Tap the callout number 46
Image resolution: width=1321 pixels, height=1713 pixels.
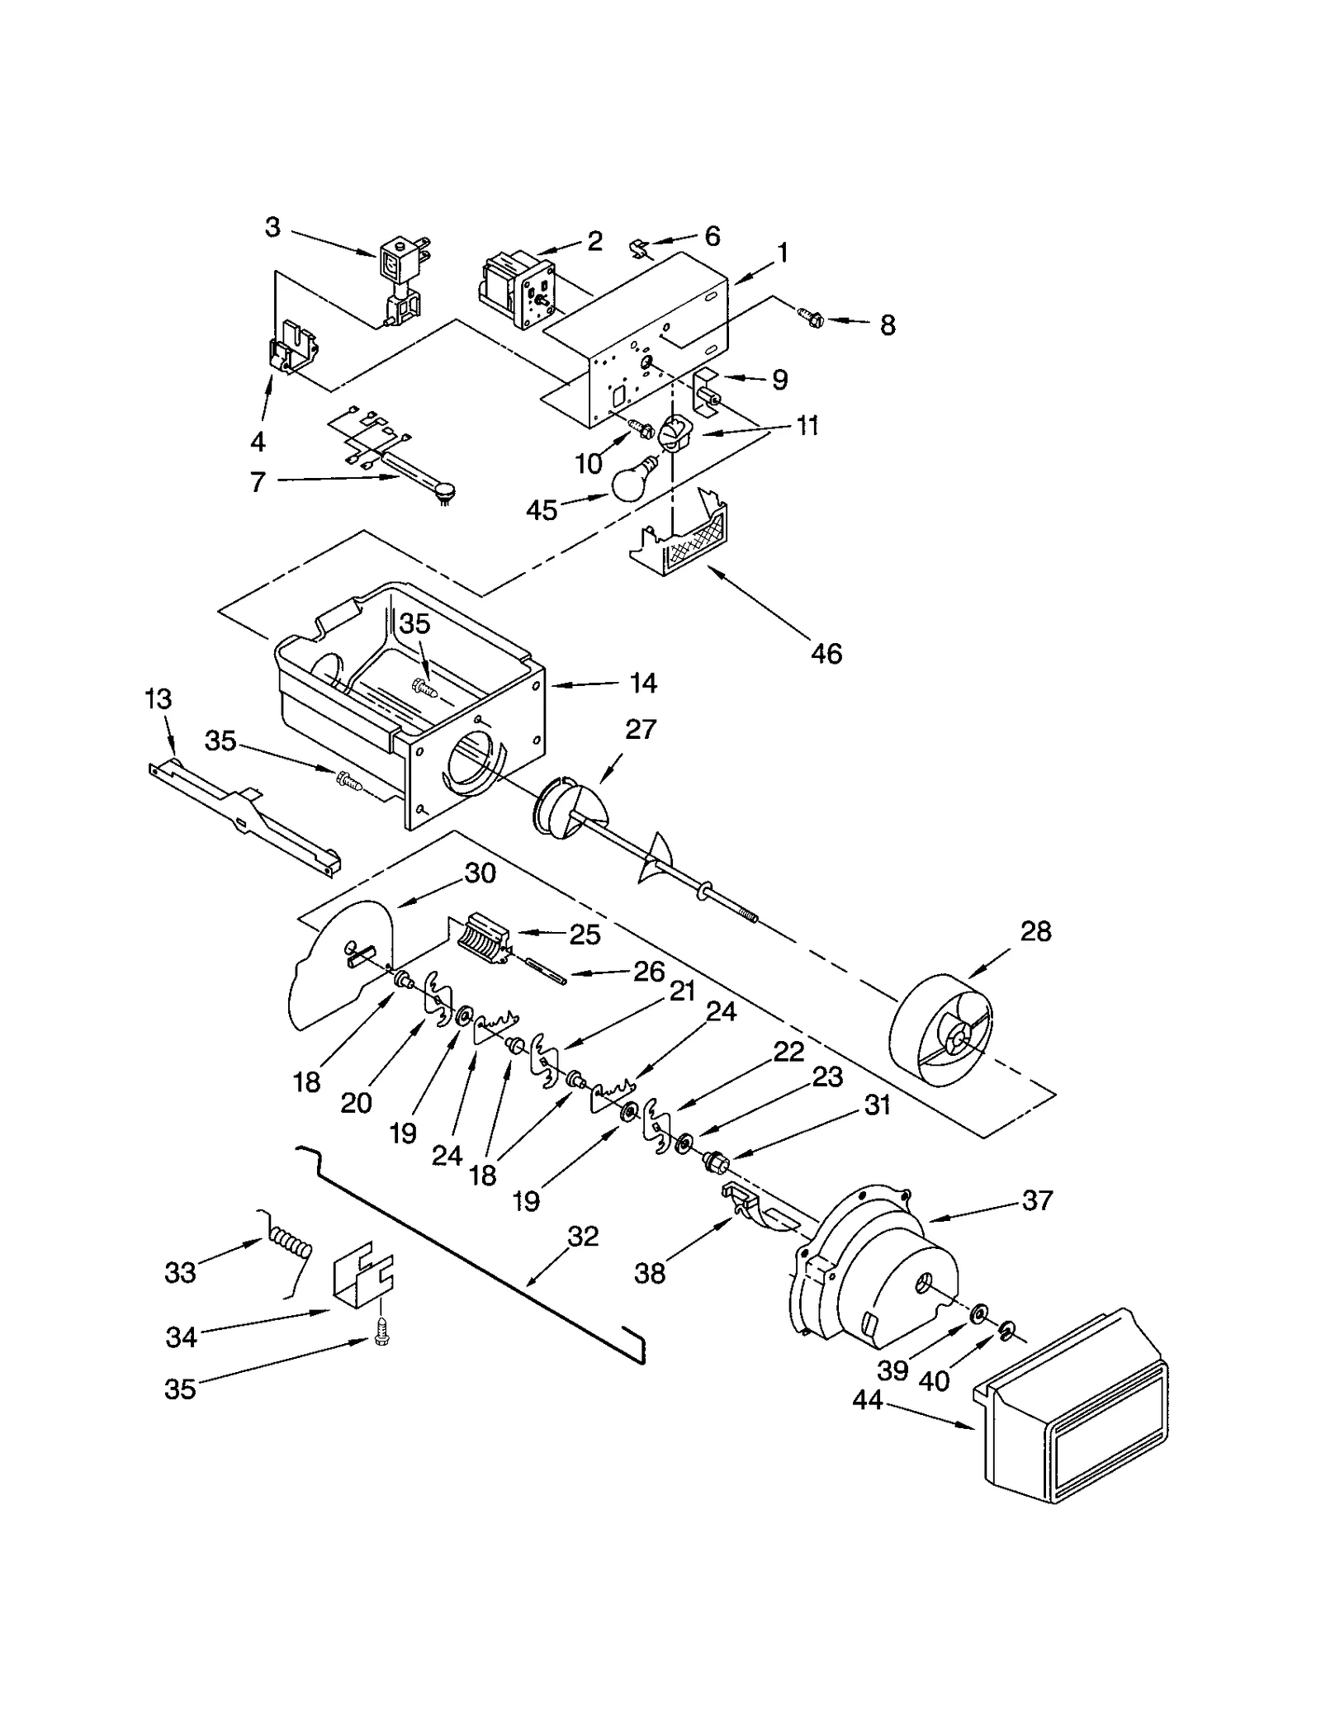click(x=826, y=654)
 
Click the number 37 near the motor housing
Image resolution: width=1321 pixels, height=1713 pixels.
click(x=1037, y=1200)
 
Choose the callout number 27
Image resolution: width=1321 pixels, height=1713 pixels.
click(x=641, y=729)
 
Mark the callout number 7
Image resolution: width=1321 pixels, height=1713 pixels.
click(x=258, y=481)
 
